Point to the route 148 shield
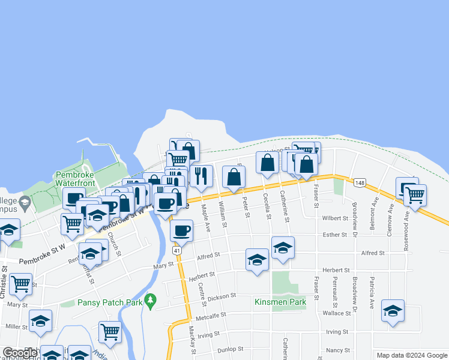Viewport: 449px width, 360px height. pos(360,182)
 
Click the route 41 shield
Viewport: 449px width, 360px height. pos(176,250)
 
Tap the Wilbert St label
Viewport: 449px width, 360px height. pos(334,218)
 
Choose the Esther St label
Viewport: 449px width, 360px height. pos(335,235)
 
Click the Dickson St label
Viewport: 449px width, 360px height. pos(221,296)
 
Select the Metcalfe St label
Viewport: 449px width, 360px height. pos(210,314)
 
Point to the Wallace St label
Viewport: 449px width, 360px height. pos(336,313)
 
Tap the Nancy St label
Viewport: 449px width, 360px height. pos(338,350)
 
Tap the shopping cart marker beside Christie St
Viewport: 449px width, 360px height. pos(21,283)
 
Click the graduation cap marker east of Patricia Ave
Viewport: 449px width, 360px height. pos(393,310)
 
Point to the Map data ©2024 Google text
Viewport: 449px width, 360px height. pos(411,355)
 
